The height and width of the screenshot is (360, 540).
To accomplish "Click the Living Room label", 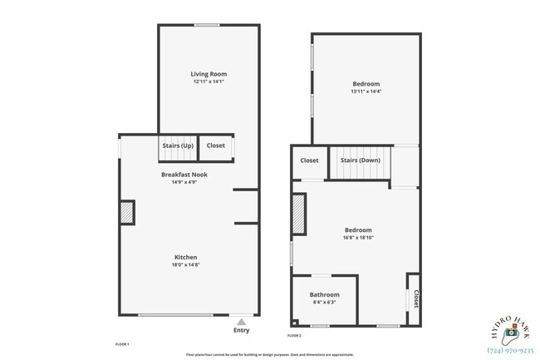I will click(209, 73).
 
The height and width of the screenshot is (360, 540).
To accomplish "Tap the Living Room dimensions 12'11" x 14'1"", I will click(209, 81).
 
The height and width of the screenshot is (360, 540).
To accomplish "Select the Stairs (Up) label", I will click(178, 145).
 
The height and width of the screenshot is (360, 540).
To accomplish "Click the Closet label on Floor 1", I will click(216, 145).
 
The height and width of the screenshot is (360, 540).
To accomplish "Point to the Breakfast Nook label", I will click(184, 175).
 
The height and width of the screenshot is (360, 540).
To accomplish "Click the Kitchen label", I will click(185, 257).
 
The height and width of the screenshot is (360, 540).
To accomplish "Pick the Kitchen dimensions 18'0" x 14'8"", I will click(185, 265).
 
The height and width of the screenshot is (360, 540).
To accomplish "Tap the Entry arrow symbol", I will click(241, 321).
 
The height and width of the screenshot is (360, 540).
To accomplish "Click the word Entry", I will click(241, 330).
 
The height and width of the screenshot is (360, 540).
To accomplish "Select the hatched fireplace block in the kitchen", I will click(128, 212).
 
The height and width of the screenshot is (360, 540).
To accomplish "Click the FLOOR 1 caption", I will click(121, 343).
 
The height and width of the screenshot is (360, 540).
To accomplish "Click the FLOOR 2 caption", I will click(294, 335).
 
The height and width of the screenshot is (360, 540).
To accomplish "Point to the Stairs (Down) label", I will click(361, 160).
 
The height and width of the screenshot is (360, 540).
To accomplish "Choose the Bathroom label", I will click(324, 294).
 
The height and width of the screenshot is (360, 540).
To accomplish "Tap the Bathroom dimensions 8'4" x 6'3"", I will click(324, 303).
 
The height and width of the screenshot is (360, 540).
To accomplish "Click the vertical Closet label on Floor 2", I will click(415, 298).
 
